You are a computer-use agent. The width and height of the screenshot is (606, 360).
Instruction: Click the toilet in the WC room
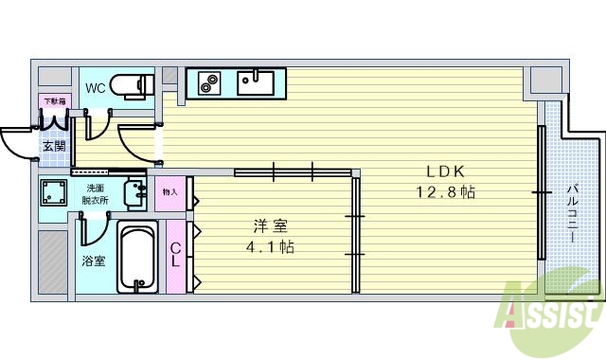point(132,85)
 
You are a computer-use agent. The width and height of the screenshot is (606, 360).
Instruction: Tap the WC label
point(96,88)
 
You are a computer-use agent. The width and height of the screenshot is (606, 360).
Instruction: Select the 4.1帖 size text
point(271,247)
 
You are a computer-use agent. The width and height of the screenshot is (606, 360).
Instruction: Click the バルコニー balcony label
point(572,212)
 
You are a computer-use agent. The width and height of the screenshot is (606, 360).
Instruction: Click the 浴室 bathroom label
point(92,261)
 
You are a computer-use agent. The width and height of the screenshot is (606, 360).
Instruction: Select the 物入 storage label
point(170,192)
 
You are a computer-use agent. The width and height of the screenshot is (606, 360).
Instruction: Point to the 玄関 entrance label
point(54,147)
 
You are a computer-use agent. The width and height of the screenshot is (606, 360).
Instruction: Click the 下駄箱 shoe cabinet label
point(51,100)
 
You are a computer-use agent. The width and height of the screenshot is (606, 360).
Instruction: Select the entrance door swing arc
point(15,145)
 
